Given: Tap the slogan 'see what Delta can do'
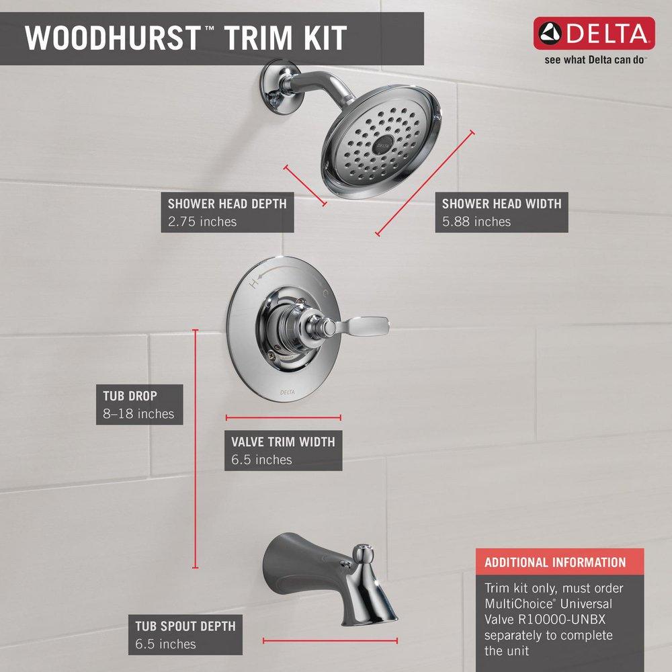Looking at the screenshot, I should (x=595, y=60).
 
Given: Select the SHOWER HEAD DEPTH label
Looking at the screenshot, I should (x=227, y=203).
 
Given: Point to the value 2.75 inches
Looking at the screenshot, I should (x=202, y=221).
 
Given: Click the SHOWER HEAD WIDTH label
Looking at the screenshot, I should (x=501, y=203).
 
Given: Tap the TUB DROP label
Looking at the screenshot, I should (x=130, y=396).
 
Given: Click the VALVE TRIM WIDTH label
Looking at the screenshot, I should (x=283, y=442).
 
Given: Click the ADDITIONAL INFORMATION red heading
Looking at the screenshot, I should (x=555, y=562).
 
